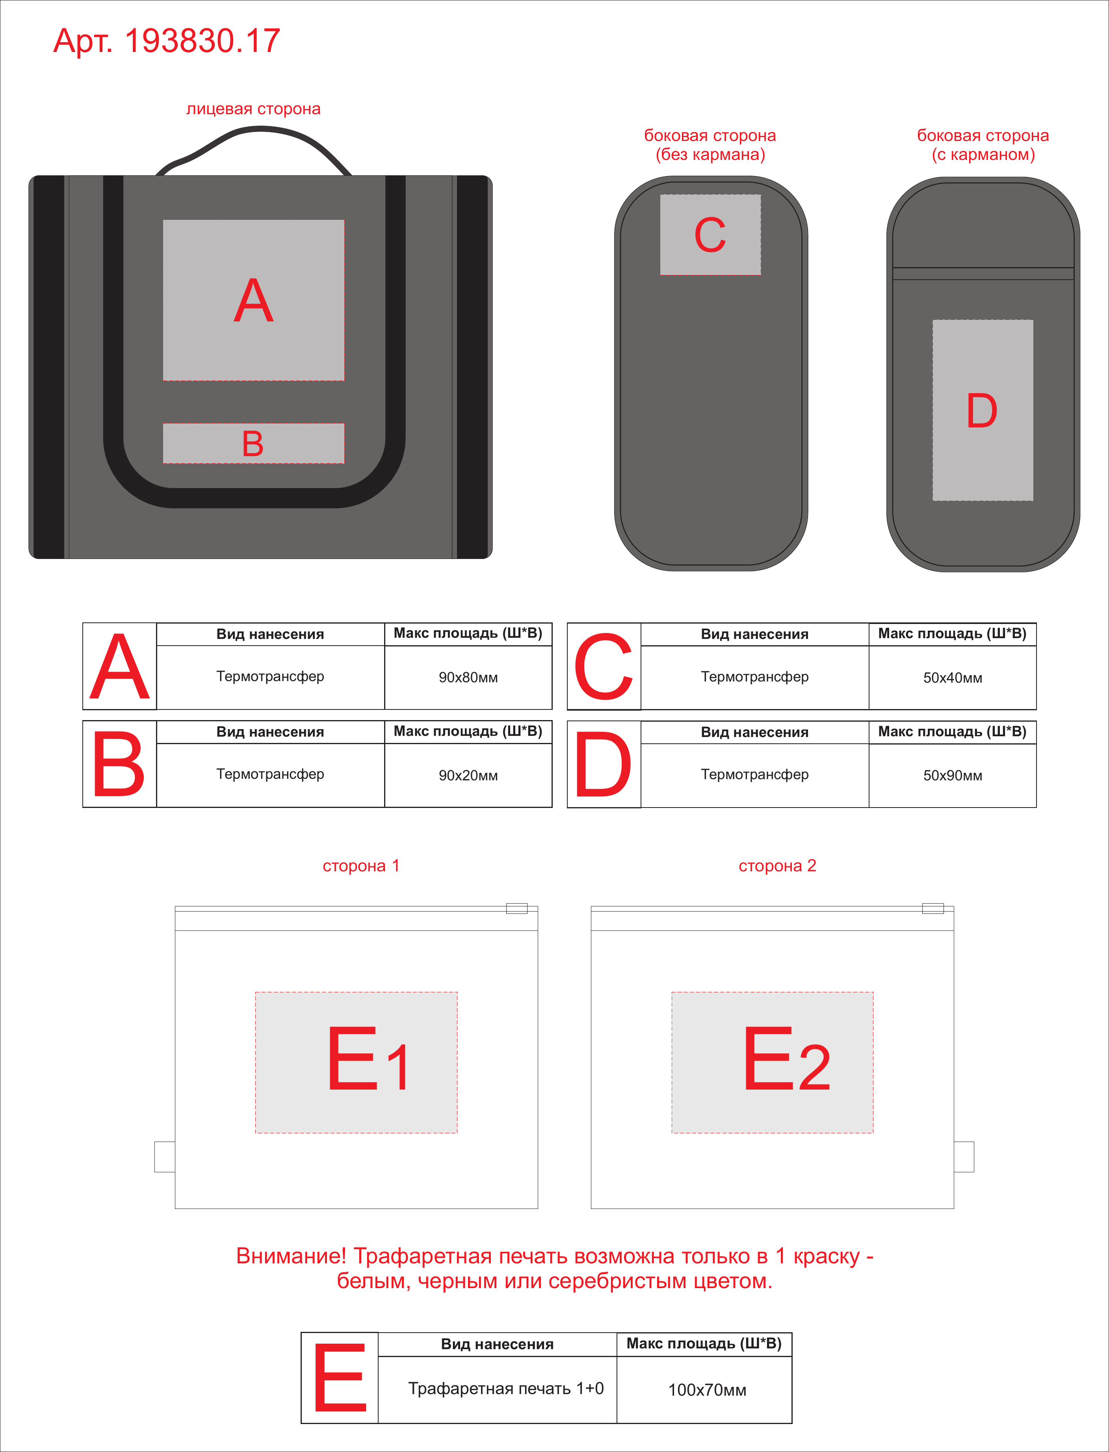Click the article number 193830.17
(x=202, y=41)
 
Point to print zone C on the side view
(x=710, y=234)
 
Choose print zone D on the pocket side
(x=982, y=410)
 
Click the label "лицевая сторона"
(x=253, y=109)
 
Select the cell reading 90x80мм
(x=468, y=677)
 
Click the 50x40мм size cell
(x=953, y=678)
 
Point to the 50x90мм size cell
(x=953, y=776)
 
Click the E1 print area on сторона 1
(x=357, y=1062)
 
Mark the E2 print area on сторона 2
(x=772, y=1062)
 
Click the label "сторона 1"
(x=361, y=866)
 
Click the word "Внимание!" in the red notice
(x=291, y=1256)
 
